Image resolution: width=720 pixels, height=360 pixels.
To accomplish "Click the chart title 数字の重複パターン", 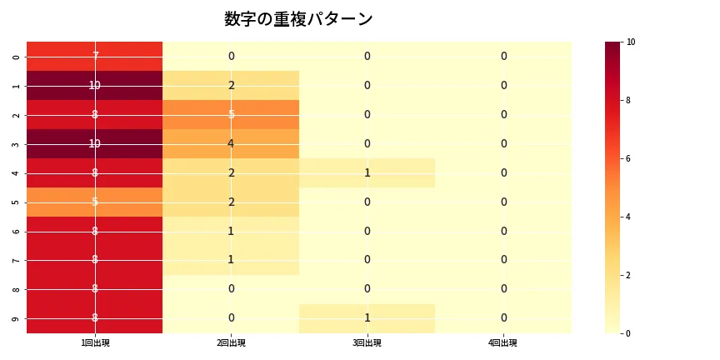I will tap(298, 19).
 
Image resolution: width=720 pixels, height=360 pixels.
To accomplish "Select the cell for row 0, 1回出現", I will tap(95, 56).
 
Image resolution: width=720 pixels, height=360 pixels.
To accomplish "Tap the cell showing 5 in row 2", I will tap(231, 114).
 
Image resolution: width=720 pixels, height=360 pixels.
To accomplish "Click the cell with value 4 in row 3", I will tap(231, 143).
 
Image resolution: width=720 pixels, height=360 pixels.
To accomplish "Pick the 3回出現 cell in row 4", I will tap(367, 172).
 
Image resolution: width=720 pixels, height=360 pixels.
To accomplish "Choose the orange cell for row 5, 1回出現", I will tap(95, 202).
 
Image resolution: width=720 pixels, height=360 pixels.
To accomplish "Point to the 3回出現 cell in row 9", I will tap(367, 318).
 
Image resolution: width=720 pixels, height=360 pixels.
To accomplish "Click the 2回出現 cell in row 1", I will tap(231, 85).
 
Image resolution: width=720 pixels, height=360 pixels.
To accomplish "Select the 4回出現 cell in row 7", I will tap(503, 260).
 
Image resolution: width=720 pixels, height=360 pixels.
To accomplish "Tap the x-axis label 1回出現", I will tap(95, 342).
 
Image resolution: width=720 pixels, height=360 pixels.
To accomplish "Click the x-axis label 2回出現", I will tap(231, 342).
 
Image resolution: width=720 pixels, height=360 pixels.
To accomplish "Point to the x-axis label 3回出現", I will tap(367, 342).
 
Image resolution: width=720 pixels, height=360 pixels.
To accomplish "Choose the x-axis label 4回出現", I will tap(503, 342).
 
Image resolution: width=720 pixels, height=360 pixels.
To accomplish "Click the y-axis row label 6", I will tap(17, 231).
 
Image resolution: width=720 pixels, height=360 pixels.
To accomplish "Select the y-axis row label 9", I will tap(17, 318).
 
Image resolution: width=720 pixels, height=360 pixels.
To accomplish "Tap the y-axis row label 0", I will tap(17, 56).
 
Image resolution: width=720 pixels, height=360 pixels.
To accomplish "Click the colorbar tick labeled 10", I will tap(631, 42).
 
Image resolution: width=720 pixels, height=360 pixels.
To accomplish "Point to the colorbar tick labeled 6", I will tap(629, 158).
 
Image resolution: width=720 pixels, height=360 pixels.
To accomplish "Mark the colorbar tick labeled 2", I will tap(629, 275).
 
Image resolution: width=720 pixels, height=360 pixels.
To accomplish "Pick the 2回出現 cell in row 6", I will tap(231, 231).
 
